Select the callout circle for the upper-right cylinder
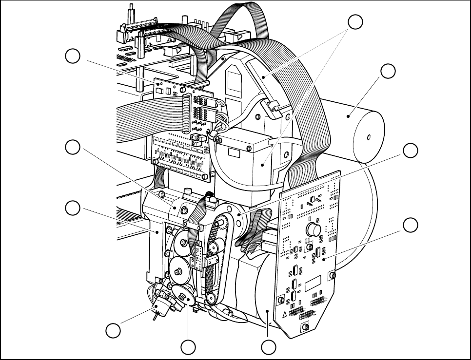(388, 71)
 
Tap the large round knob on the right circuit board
(313, 229)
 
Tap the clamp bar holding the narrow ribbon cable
(194, 225)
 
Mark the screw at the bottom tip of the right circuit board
(305, 325)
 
